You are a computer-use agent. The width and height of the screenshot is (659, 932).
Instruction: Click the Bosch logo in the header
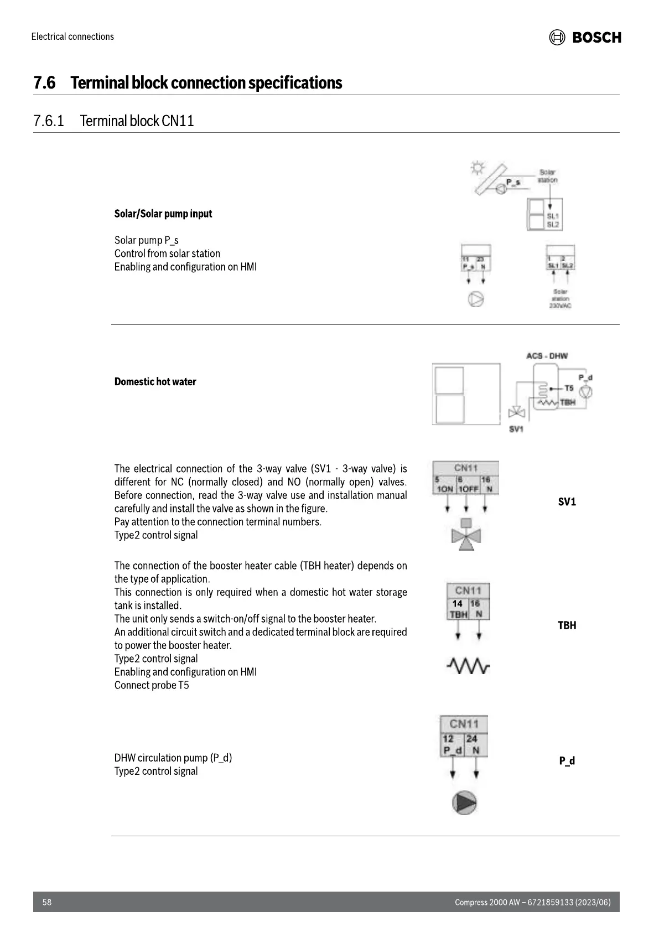click(585, 38)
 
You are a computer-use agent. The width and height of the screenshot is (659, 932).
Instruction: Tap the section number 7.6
click(44, 83)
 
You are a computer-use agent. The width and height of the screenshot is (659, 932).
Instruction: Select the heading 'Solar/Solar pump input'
click(163, 214)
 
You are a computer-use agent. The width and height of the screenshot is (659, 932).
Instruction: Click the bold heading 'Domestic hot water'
click(155, 382)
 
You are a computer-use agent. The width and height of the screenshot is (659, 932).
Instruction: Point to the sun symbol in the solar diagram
click(478, 167)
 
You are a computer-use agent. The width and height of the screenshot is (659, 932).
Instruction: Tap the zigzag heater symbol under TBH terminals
click(468, 665)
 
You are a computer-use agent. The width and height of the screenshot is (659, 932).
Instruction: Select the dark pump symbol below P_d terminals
click(464, 803)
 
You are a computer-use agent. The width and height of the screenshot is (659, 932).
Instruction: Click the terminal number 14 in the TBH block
click(457, 604)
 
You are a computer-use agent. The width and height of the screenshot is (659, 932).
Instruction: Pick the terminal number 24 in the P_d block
click(471, 739)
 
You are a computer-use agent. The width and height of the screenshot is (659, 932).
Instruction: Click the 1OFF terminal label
click(466, 490)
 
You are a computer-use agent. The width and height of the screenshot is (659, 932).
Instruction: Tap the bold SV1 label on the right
click(567, 502)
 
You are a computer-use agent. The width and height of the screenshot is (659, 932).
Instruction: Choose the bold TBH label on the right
click(567, 625)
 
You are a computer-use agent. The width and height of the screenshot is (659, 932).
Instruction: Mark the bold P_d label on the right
click(567, 761)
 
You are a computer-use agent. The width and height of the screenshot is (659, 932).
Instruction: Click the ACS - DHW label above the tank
click(547, 356)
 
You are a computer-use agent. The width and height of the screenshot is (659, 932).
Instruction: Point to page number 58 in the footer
click(47, 902)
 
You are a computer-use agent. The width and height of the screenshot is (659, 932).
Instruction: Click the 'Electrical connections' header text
click(72, 37)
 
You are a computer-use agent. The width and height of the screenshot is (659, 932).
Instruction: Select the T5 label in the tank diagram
click(568, 389)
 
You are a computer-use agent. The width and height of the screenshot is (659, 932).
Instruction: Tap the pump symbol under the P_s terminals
click(476, 299)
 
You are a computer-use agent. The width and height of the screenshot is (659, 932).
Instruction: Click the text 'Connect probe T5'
click(152, 685)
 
